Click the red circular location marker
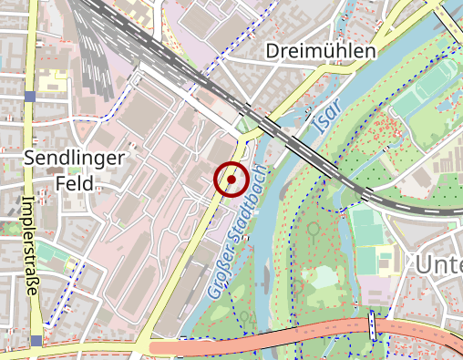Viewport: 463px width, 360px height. pyautogui.click(x=231, y=180)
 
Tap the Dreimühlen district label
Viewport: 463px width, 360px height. pyautogui.click(x=320, y=51)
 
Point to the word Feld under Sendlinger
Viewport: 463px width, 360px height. pyautogui.click(x=74, y=182)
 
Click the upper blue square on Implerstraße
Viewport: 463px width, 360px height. pyautogui.click(x=30, y=97)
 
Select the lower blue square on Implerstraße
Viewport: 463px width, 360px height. pyautogui.click(x=35, y=341)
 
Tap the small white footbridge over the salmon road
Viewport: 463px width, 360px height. pyautogui.click(x=373, y=324)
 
